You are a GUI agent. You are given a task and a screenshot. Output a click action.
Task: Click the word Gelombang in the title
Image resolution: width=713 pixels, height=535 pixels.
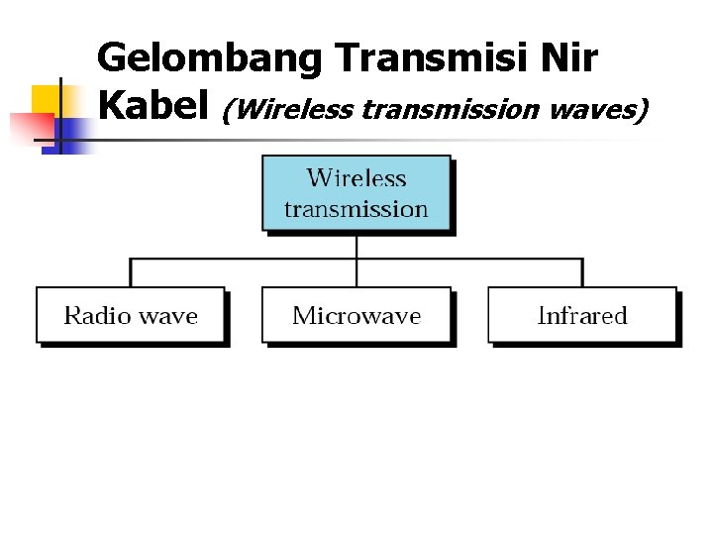211,60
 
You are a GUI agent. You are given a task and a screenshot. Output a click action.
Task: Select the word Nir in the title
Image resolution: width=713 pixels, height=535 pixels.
569,60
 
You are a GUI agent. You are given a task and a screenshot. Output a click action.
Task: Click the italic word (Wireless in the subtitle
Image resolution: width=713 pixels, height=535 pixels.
287,108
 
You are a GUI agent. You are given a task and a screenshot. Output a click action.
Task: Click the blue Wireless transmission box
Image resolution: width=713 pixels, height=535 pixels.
356,193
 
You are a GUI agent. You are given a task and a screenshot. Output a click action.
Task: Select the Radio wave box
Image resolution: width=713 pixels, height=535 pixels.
131,315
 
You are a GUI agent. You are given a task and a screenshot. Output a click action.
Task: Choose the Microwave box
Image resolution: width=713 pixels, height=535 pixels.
356,315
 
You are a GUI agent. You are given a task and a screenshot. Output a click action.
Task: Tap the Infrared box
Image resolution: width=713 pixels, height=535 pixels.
582,315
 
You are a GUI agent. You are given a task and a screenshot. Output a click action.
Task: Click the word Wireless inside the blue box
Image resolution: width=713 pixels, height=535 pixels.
356,178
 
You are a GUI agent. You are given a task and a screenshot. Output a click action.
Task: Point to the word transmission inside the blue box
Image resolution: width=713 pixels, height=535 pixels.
356,209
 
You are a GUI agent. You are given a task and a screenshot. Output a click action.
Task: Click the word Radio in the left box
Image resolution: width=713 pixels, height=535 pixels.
96,316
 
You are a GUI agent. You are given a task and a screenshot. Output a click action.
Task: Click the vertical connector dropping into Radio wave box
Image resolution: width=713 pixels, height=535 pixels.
131,272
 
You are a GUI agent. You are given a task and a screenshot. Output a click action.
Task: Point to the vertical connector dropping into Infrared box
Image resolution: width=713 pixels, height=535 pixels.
582,272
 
